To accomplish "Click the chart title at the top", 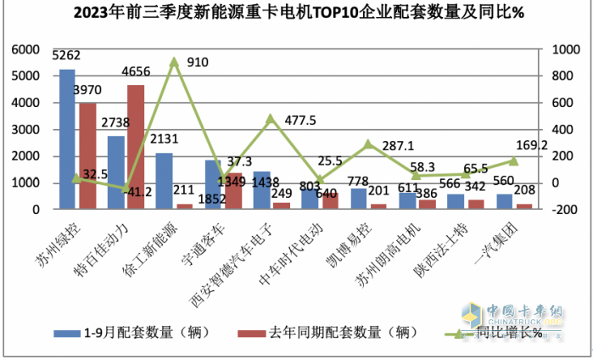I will point(296,12).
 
